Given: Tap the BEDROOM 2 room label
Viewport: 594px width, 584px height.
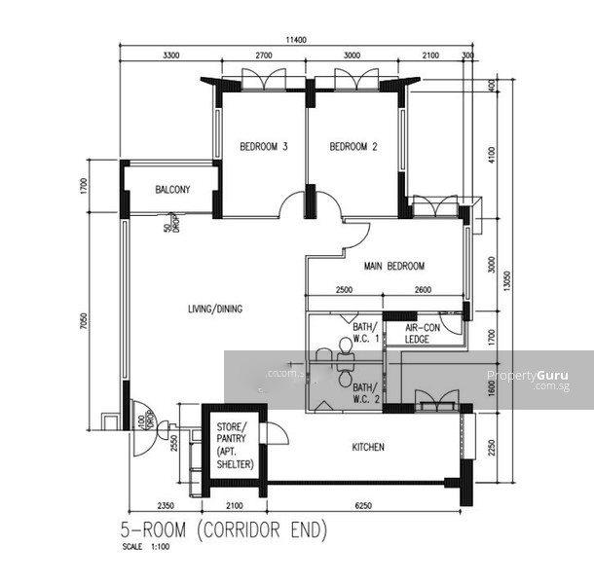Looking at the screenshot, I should coord(353,148).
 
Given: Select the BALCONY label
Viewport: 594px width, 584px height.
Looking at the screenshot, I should coord(172,190).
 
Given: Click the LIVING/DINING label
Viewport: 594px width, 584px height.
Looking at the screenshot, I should coord(215,310).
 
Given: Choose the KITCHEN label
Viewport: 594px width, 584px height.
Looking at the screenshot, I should coord(368,448).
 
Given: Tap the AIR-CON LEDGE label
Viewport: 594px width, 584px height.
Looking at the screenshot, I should coord(423,334).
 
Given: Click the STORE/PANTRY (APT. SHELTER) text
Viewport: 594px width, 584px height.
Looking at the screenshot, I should coord(236,446).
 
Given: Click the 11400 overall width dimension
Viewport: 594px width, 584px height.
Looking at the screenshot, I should coord(296,40).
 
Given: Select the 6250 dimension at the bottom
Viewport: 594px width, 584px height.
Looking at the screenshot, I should coord(362,506).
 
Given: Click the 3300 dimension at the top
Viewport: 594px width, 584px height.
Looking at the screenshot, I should coord(171,56).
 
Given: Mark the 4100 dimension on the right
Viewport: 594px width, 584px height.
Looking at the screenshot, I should coord(494,153).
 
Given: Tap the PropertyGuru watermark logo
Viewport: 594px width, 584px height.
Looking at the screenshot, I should coord(527,377).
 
